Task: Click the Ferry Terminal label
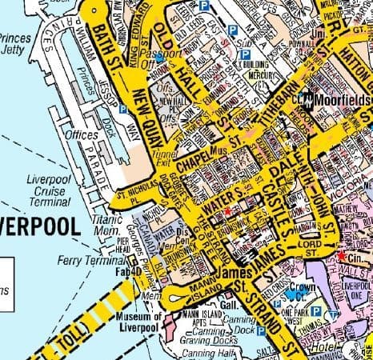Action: [88, 261]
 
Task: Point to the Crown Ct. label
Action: [303, 290]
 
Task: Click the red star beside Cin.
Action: [342, 256]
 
